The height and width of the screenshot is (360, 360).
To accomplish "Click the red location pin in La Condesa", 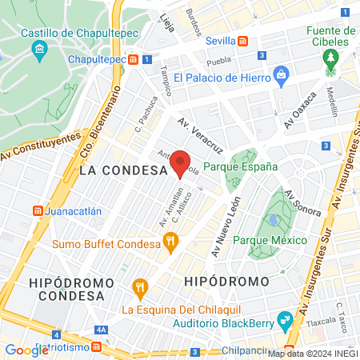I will (x=181, y=162).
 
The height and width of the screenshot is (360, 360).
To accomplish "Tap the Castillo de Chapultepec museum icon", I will (x=40, y=50).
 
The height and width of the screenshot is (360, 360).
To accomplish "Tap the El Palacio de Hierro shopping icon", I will (x=280, y=77).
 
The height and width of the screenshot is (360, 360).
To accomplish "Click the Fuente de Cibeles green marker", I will (x=330, y=58).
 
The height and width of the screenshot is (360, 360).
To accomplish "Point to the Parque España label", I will (x=240, y=167).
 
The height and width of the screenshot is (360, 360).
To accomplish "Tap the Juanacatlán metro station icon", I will (x=38, y=211).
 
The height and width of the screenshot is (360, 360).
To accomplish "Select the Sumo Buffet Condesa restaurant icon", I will (x=169, y=240).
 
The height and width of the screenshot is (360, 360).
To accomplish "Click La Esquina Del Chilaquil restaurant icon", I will (x=140, y=286).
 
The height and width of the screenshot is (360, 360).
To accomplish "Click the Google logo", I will (x=26, y=350).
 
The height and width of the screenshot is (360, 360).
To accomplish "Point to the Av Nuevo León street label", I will (x=226, y=228).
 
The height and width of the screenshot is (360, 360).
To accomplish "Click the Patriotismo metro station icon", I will (x=96, y=348).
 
